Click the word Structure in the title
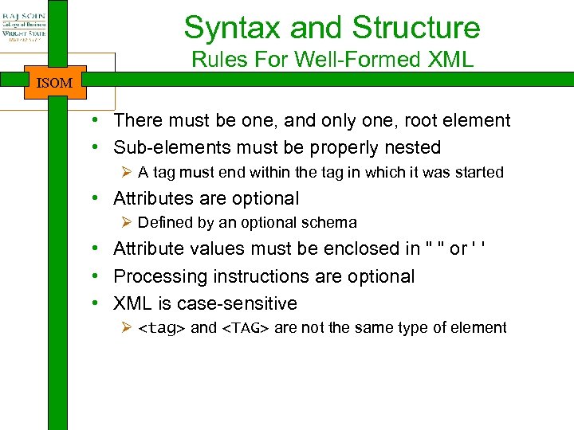click(419, 28)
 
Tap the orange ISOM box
click(55, 82)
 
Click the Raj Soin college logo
click(24, 24)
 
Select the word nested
click(414, 148)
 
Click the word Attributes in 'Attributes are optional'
click(151, 198)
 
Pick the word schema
click(331, 223)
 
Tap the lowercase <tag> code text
click(162, 328)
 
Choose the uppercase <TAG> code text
click(245, 328)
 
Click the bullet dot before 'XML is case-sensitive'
click(95, 303)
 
